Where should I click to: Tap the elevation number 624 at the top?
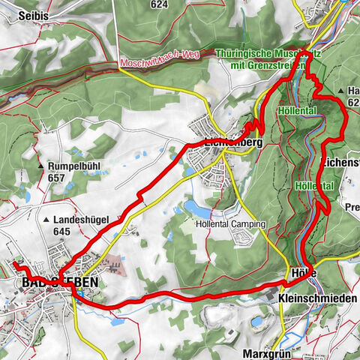pos(158,4)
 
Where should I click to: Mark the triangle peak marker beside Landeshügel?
pos(47,220)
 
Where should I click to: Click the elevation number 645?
pos(61,231)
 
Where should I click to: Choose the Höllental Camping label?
pos(231,224)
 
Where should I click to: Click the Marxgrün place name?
pos(266,352)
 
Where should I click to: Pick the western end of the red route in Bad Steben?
pos(13,265)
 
